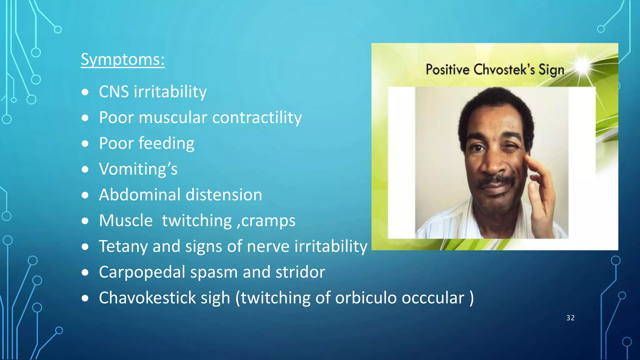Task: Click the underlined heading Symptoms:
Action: point(122,59)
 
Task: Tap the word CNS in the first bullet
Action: point(114,92)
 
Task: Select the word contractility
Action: point(257,118)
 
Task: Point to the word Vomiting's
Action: point(138,169)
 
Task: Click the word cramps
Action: point(268,221)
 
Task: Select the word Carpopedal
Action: point(142,272)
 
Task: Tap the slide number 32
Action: point(570,318)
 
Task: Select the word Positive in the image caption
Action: point(447,69)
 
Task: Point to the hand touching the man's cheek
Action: point(541,187)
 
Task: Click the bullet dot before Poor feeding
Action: point(85,144)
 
